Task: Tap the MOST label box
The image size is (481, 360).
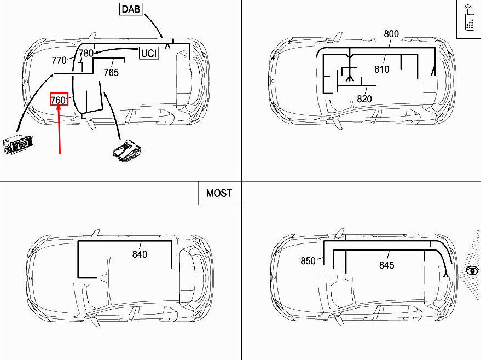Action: [x=219, y=193]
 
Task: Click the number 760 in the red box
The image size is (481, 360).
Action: [x=59, y=100]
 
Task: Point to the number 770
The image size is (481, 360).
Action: [x=59, y=61]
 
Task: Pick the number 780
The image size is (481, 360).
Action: [x=86, y=54]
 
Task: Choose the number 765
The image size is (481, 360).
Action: [x=111, y=72]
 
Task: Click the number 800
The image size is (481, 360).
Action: [x=391, y=34]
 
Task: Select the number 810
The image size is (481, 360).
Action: [x=381, y=69]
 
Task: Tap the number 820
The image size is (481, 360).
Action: [x=364, y=99]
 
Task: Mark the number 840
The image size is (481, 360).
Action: [x=140, y=254]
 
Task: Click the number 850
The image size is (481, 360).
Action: [x=308, y=261]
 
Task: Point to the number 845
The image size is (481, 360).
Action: [x=386, y=265]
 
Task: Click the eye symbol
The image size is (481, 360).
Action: [x=472, y=270]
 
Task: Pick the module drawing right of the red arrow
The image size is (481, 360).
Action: [x=126, y=150]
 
